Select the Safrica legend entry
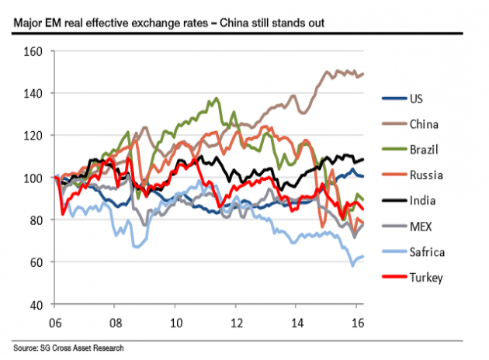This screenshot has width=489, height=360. [x=427, y=251]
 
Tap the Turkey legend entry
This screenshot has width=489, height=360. [x=425, y=277]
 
